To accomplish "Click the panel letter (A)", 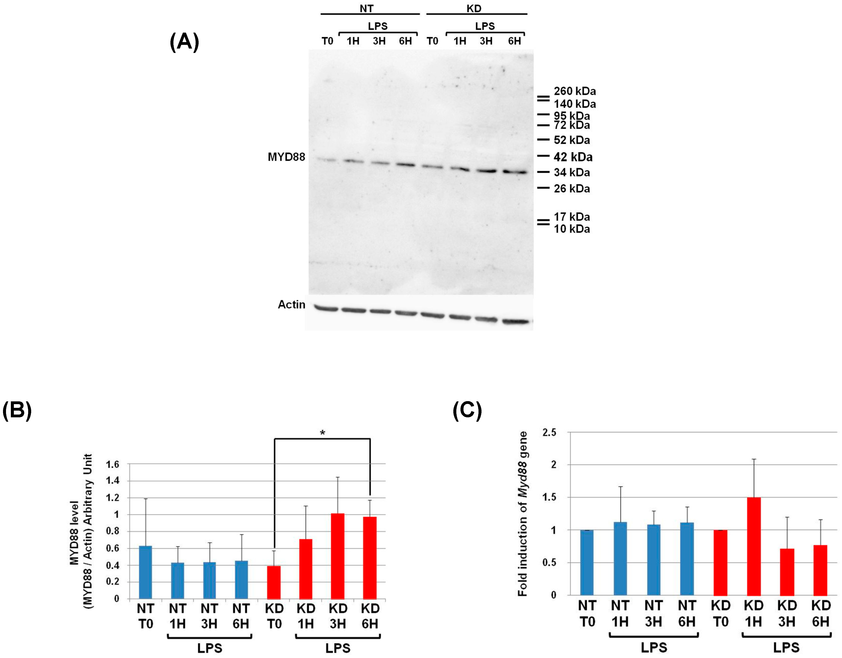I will pyautogui.click(x=184, y=42).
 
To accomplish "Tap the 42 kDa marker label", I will pyautogui.click(x=573, y=157).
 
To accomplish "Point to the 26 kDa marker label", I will pyautogui.click(x=572, y=189).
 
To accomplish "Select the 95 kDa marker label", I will pyautogui.click(x=572, y=116).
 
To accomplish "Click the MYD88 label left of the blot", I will pyautogui.click(x=286, y=157).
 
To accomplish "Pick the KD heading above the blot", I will pyautogui.click(x=474, y=9).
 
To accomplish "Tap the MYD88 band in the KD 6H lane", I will pyautogui.click(x=515, y=172).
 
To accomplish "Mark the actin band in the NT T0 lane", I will pyautogui.click(x=326, y=308).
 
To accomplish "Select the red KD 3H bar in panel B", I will pyautogui.click(x=338, y=556).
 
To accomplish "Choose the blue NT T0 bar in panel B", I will pyautogui.click(x=145, y=572).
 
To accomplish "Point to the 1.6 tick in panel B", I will pyautogui.click(x=112, y=464).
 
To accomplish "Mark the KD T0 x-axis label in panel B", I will pyautogui.click(x=274, y=616).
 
